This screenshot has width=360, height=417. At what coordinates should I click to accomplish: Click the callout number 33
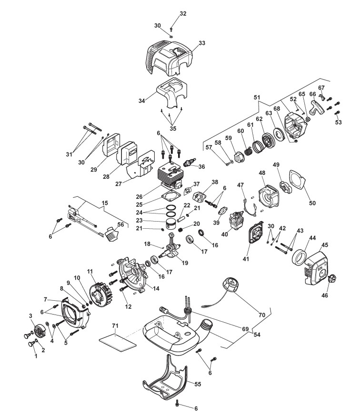202,43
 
